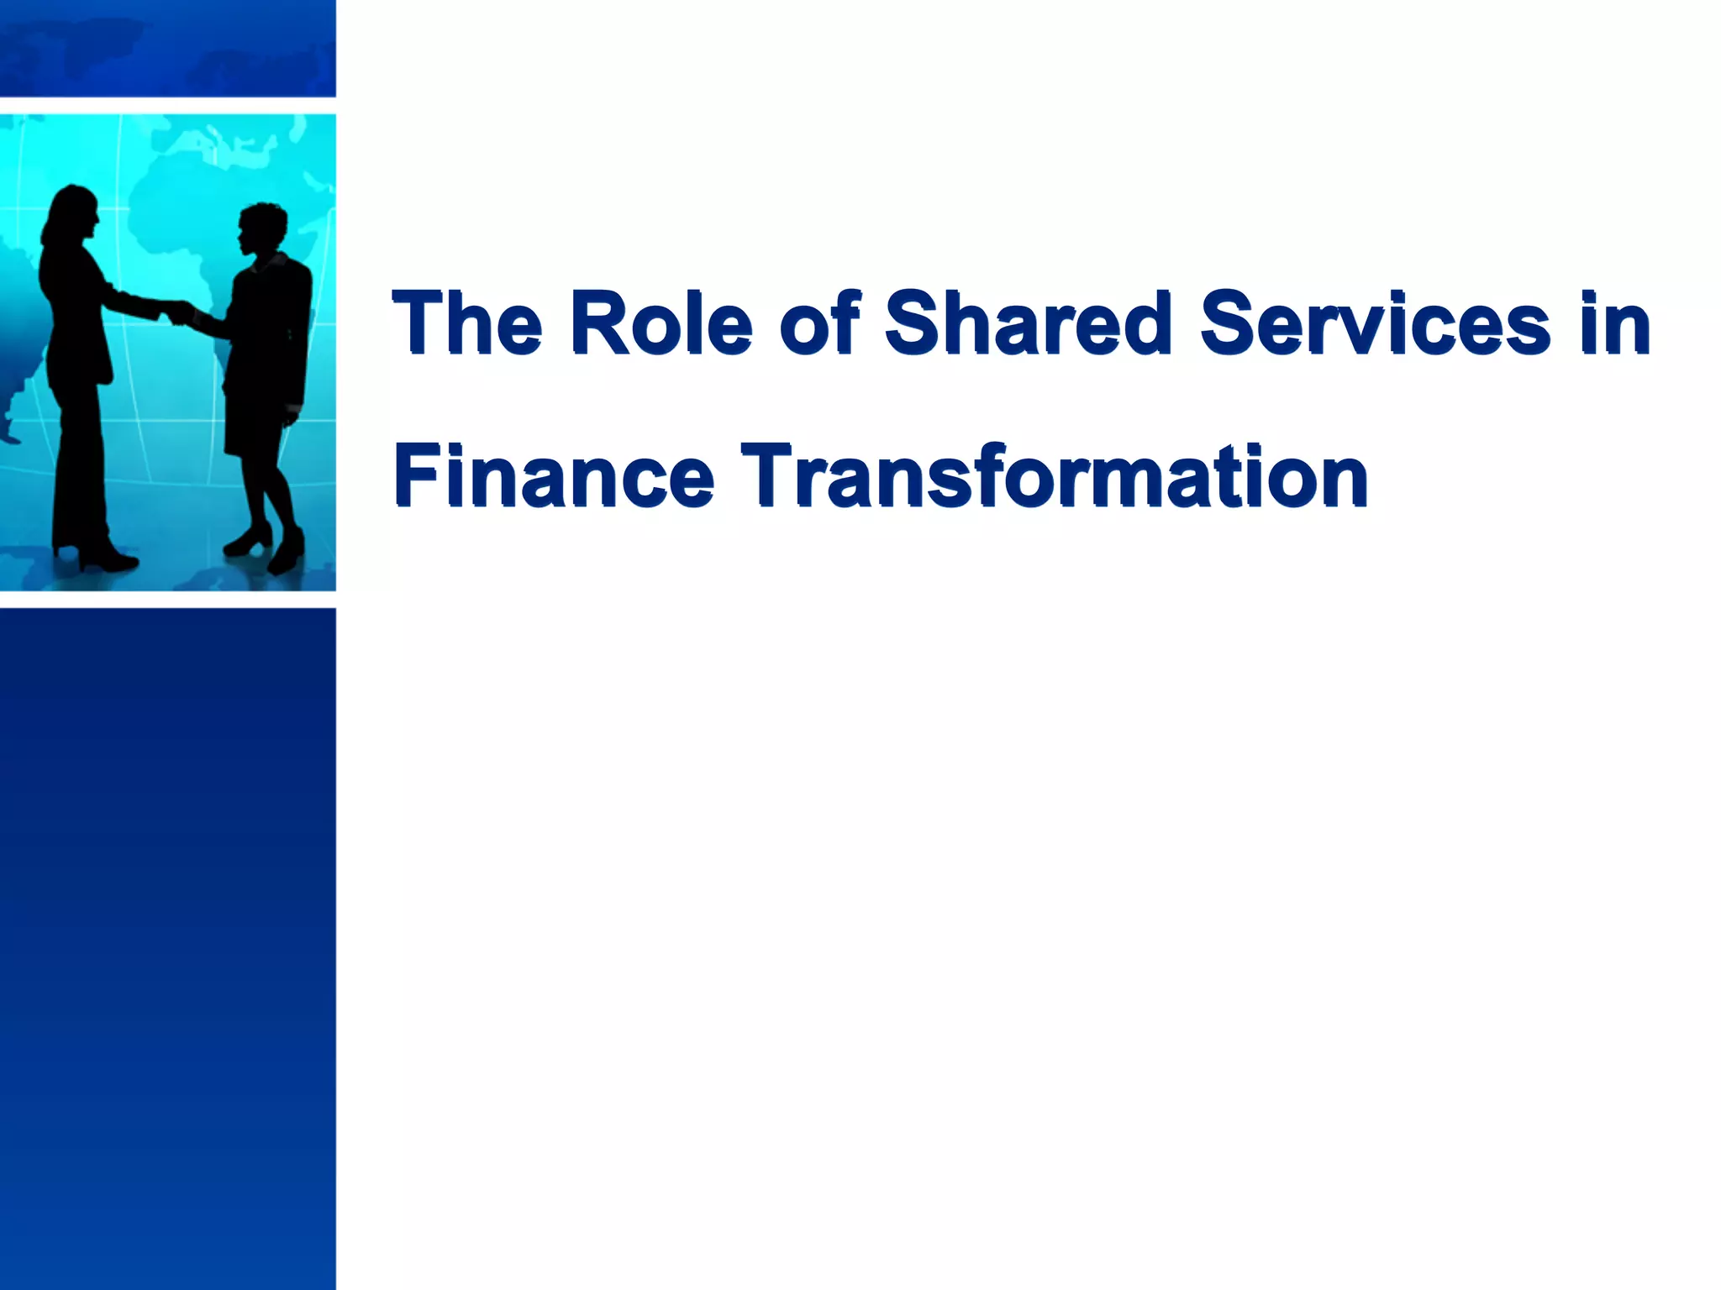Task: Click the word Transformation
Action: click(1054, 476)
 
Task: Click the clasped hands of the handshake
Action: click(177, 312)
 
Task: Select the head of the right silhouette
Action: click(262, 228)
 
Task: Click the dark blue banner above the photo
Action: click(167, 48)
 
